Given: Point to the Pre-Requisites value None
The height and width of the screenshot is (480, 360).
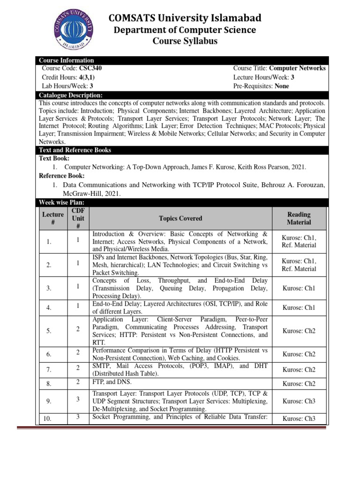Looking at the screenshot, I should [282, 86].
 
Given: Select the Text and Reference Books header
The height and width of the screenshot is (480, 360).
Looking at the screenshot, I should [75, 150].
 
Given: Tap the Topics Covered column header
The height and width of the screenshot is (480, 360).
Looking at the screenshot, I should [180, 218].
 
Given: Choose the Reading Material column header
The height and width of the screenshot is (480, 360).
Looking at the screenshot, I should [299, 218].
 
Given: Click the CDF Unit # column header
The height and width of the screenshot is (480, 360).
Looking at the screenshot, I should [77, 218].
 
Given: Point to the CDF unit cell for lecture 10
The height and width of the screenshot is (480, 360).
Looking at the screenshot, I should [77, 417].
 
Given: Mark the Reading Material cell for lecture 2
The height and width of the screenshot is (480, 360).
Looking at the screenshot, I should [299, 265].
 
